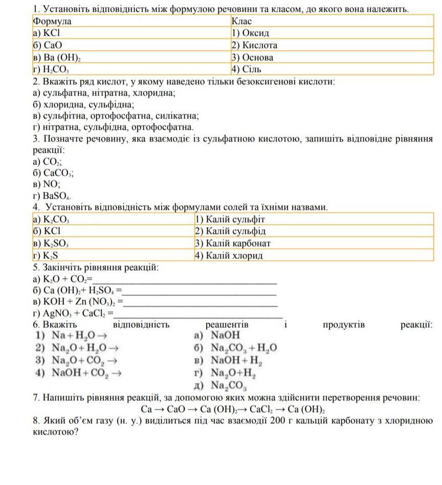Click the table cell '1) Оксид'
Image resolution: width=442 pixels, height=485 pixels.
coord(250,33)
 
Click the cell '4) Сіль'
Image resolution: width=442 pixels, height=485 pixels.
coord(247,69)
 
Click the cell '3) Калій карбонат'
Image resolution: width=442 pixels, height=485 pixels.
coord(233,244)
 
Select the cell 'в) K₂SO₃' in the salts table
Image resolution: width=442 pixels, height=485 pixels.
coord(51,244)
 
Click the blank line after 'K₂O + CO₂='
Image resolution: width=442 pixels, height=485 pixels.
coord(184,280)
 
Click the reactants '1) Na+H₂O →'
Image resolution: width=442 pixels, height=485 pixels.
coord(72,335)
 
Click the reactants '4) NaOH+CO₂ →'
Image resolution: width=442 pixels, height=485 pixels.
coord(79,373)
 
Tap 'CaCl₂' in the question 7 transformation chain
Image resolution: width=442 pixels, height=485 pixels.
coord(270,409)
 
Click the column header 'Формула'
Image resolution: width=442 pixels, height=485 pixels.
coord(52,21)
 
